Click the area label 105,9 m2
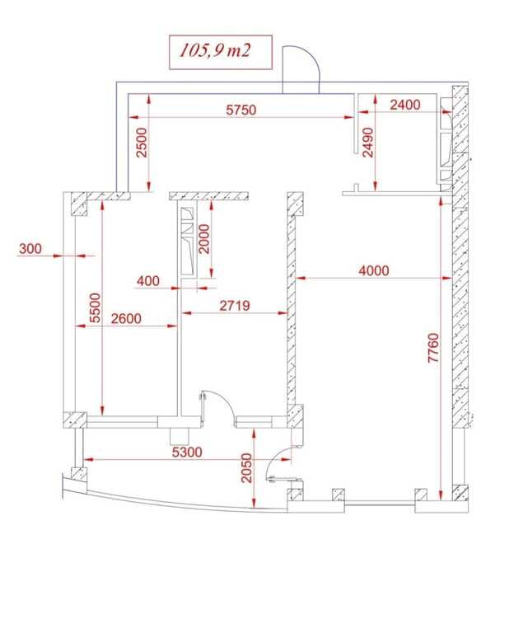(x=215, y=51)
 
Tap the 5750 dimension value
(x=241, y=110)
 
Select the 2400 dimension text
(x=405, y=105)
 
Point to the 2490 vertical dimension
(x=367, y=143)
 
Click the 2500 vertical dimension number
(x=142, y=143)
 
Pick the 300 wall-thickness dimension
(x=30, y=249)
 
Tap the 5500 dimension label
(x=95, y=308)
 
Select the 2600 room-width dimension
(x=126, y=318)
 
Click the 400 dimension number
(x=148, y=281)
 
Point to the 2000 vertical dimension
(x=204, y=239)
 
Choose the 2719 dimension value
(x=235, y=306)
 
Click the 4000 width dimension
(x=374, y=270)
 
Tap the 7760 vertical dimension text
(x=433, y=348)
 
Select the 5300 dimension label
(x=187, y=452)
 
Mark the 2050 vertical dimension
(x=246, y=468)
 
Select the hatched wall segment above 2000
(x=208, y=196)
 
